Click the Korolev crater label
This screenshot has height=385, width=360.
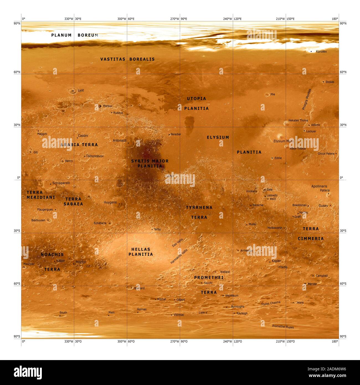coord(321,52)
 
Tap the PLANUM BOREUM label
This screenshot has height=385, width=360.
coord(75,35)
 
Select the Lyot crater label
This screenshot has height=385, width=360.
coord(81,90)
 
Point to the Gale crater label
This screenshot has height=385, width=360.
coord(269,190)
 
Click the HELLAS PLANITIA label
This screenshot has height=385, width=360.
coord(141,252)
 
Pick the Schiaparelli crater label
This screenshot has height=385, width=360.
coord(61,183)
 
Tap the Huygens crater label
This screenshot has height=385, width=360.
coord(110,202)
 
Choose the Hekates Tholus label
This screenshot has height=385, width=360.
coord(298,120)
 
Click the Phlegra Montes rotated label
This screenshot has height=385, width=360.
coord(307,99)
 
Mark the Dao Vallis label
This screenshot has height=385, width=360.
coord(178,243)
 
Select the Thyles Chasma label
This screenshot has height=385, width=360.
coord(271,304)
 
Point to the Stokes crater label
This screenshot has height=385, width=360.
coord(330,82)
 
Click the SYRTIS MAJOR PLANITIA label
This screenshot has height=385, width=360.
coord(150,163)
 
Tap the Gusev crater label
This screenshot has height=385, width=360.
coord(323,206)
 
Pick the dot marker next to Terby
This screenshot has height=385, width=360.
coord(152,230)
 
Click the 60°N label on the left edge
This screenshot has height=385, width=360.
coord(17,72)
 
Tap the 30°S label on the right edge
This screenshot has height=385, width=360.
coord(343,231)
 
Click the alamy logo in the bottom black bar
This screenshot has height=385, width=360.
coord(28,373)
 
